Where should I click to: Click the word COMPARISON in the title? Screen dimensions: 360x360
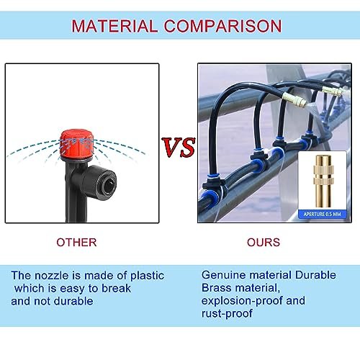click(x=224, y=27)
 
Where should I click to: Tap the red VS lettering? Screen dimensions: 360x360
click(x=178, y=148)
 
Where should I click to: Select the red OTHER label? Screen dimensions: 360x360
click(x=76, y=243)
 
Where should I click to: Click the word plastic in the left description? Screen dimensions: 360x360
click(x=142, y=275)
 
